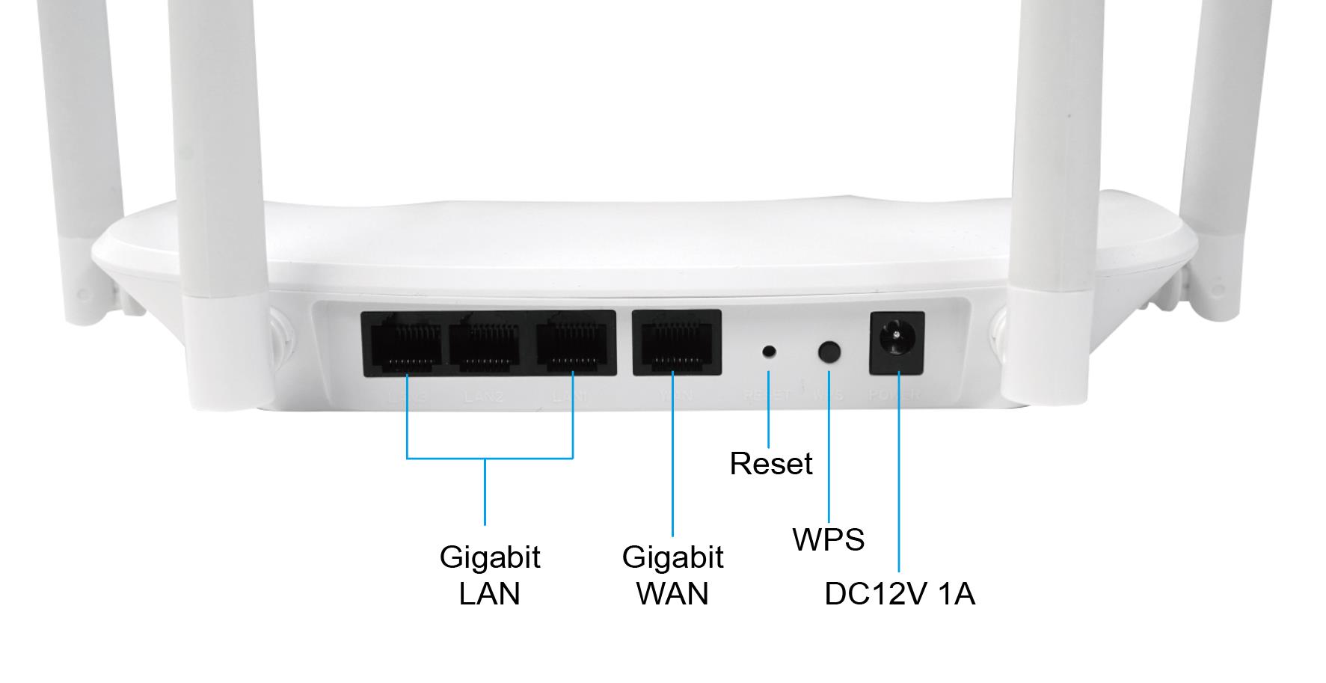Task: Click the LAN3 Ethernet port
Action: [x=405, y=343]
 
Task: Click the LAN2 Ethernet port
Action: [x=491, y=343]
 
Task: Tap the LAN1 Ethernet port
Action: [x=574, y=343]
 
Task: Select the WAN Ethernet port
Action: [x=677, y=342]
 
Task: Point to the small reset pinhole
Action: [x=769, y=351]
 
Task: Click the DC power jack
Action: [x=896, y=343]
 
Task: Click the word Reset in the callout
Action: [x=770, y=464]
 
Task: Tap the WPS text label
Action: [x=828, y=539]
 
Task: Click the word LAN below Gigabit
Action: [x=489, y=594]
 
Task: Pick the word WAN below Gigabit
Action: [x=672, y=594]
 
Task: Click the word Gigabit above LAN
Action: [x=489, y=557]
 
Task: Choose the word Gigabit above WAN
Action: [x=672, y=557]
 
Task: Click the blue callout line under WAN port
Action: [x=672, y=464]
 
